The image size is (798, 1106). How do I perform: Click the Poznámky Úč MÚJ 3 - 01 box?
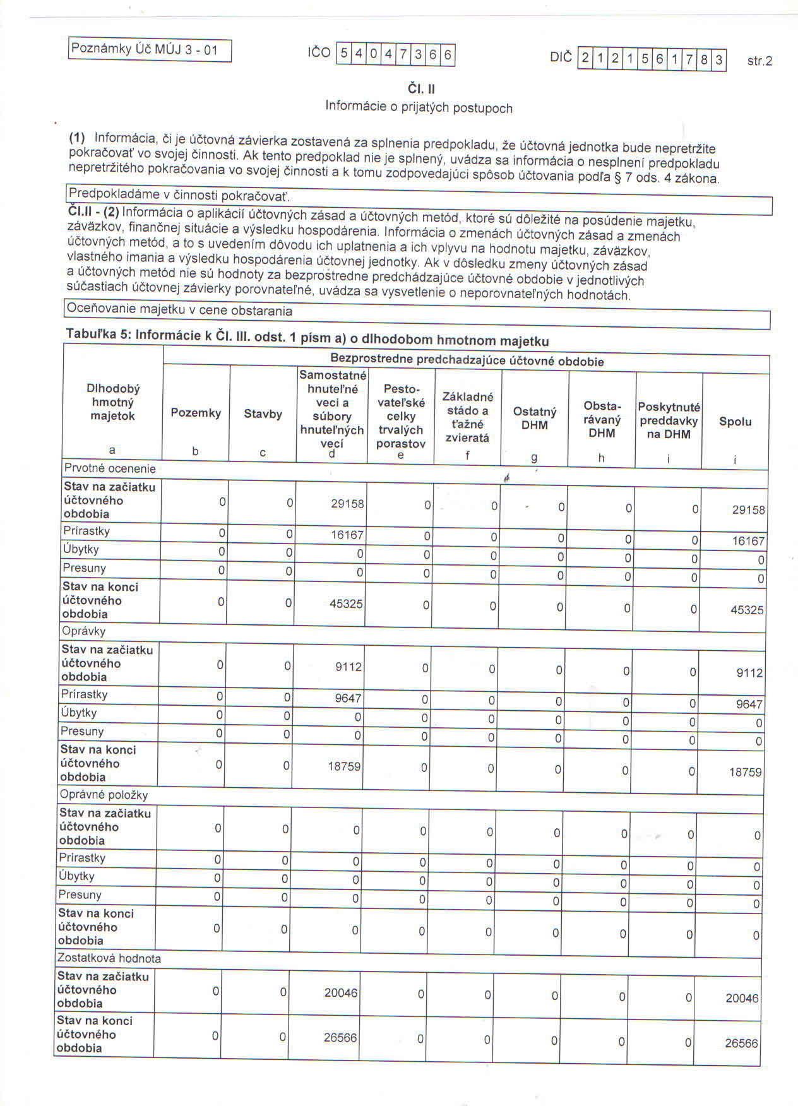pos(150,50)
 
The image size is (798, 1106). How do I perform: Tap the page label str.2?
pos(759,61)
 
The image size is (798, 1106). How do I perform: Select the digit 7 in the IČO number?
pos(402,54)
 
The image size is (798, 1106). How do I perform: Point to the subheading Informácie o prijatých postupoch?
pos(419,107)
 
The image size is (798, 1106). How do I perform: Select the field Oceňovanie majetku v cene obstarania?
pos(180,311)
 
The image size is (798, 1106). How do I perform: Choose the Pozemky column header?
pos(196,413)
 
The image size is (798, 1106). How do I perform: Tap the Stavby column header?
pos(263,414)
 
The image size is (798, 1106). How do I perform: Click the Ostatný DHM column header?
pos(535,419)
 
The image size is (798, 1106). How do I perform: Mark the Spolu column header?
pos(735,422)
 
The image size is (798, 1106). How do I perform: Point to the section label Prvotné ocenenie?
pos(110,468)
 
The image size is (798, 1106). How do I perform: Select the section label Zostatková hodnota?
pos(109,958)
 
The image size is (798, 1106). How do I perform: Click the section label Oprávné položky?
pos(104,795)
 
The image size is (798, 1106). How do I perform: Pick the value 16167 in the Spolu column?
pos(748,541)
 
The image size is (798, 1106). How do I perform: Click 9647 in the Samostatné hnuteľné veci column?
pos(348,698)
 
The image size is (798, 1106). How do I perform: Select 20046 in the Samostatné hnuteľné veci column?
pos(341,993)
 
